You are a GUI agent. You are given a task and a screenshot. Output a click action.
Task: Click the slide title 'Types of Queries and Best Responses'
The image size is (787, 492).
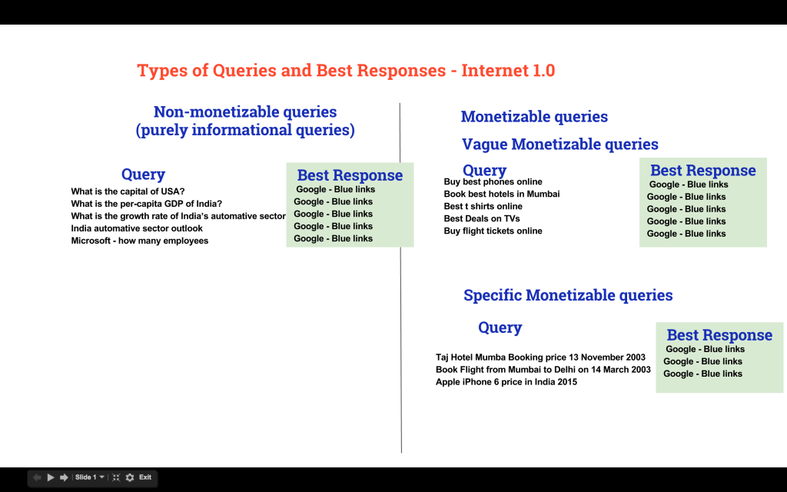[x=291, y=70]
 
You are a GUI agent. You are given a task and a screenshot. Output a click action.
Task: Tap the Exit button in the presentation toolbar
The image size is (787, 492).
[x=145, y=477]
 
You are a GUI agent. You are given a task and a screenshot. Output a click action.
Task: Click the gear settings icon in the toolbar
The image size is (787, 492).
[x=130, y=477]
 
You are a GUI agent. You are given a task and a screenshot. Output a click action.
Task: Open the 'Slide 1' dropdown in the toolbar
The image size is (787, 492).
[x=90, y=477]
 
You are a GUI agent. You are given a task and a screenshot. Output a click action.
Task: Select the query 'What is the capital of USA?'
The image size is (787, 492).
[x=128, y=191]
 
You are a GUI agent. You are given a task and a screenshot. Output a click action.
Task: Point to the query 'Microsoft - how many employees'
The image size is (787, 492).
[x=140, y=241]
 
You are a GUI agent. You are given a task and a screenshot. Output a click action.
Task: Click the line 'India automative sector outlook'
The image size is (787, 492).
[x=137, y=228]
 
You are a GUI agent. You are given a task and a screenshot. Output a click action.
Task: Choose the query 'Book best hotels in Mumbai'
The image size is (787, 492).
[x=501, y=194]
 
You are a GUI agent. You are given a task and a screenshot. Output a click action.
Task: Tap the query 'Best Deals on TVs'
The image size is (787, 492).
[x=481, y=218]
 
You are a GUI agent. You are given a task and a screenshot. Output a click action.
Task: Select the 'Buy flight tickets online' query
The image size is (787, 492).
[x=493, y=231]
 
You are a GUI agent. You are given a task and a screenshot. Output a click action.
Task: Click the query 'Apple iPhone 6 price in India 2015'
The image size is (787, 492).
[x=506, y=381]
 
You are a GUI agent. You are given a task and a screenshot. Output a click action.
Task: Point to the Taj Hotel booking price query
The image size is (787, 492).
[x=540, y=357]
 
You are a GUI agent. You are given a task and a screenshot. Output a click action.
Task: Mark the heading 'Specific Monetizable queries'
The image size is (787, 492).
[x=568, y=295]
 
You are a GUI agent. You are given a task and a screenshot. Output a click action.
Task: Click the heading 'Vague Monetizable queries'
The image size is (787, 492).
[x=560, y=145]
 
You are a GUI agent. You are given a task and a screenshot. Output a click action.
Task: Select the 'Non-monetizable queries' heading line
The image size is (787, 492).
[x=245, y=111]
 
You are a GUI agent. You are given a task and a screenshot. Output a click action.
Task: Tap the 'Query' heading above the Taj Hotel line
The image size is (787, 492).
[x=500, y=327]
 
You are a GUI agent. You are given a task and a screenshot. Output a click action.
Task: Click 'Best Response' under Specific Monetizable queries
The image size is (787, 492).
[x=719, y=335]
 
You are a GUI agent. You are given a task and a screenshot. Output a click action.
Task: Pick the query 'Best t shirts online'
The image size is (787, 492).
[x=483, y=206]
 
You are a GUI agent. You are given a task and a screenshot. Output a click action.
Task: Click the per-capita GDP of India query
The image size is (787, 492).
[x=146, y=204]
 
